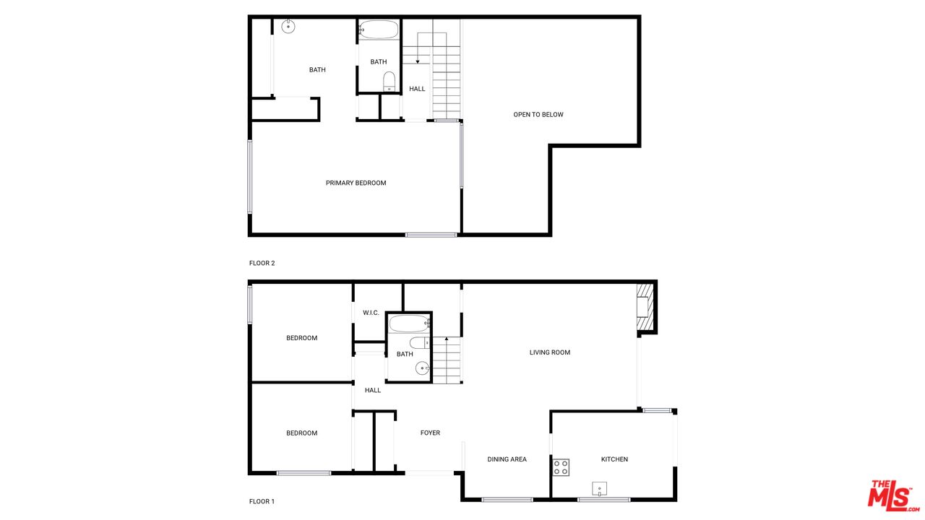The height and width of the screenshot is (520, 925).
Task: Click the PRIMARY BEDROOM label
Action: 356,183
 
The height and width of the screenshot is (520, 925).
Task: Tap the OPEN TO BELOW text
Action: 538,114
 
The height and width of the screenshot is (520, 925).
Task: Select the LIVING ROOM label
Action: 549,352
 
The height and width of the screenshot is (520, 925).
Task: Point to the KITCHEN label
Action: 614,459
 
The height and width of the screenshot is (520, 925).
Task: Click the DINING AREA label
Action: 507,459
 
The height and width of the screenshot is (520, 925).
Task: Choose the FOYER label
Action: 430,433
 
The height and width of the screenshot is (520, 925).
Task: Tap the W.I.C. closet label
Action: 371,313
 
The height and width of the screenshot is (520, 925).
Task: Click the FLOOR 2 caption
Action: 262,263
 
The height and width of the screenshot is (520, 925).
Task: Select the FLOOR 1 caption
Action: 262,501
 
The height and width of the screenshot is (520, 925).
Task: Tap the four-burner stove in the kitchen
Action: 561,467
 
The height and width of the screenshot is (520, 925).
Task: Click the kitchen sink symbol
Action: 599,489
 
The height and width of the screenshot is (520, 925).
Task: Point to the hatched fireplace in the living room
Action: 645,309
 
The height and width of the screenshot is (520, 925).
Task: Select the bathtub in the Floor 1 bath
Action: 409,323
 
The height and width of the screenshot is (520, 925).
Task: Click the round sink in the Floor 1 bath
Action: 423,369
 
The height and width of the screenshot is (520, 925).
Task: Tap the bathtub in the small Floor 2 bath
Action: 379,30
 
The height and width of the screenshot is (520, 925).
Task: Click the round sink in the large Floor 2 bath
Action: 288,27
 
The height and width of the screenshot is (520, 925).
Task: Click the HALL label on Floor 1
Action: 373,390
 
